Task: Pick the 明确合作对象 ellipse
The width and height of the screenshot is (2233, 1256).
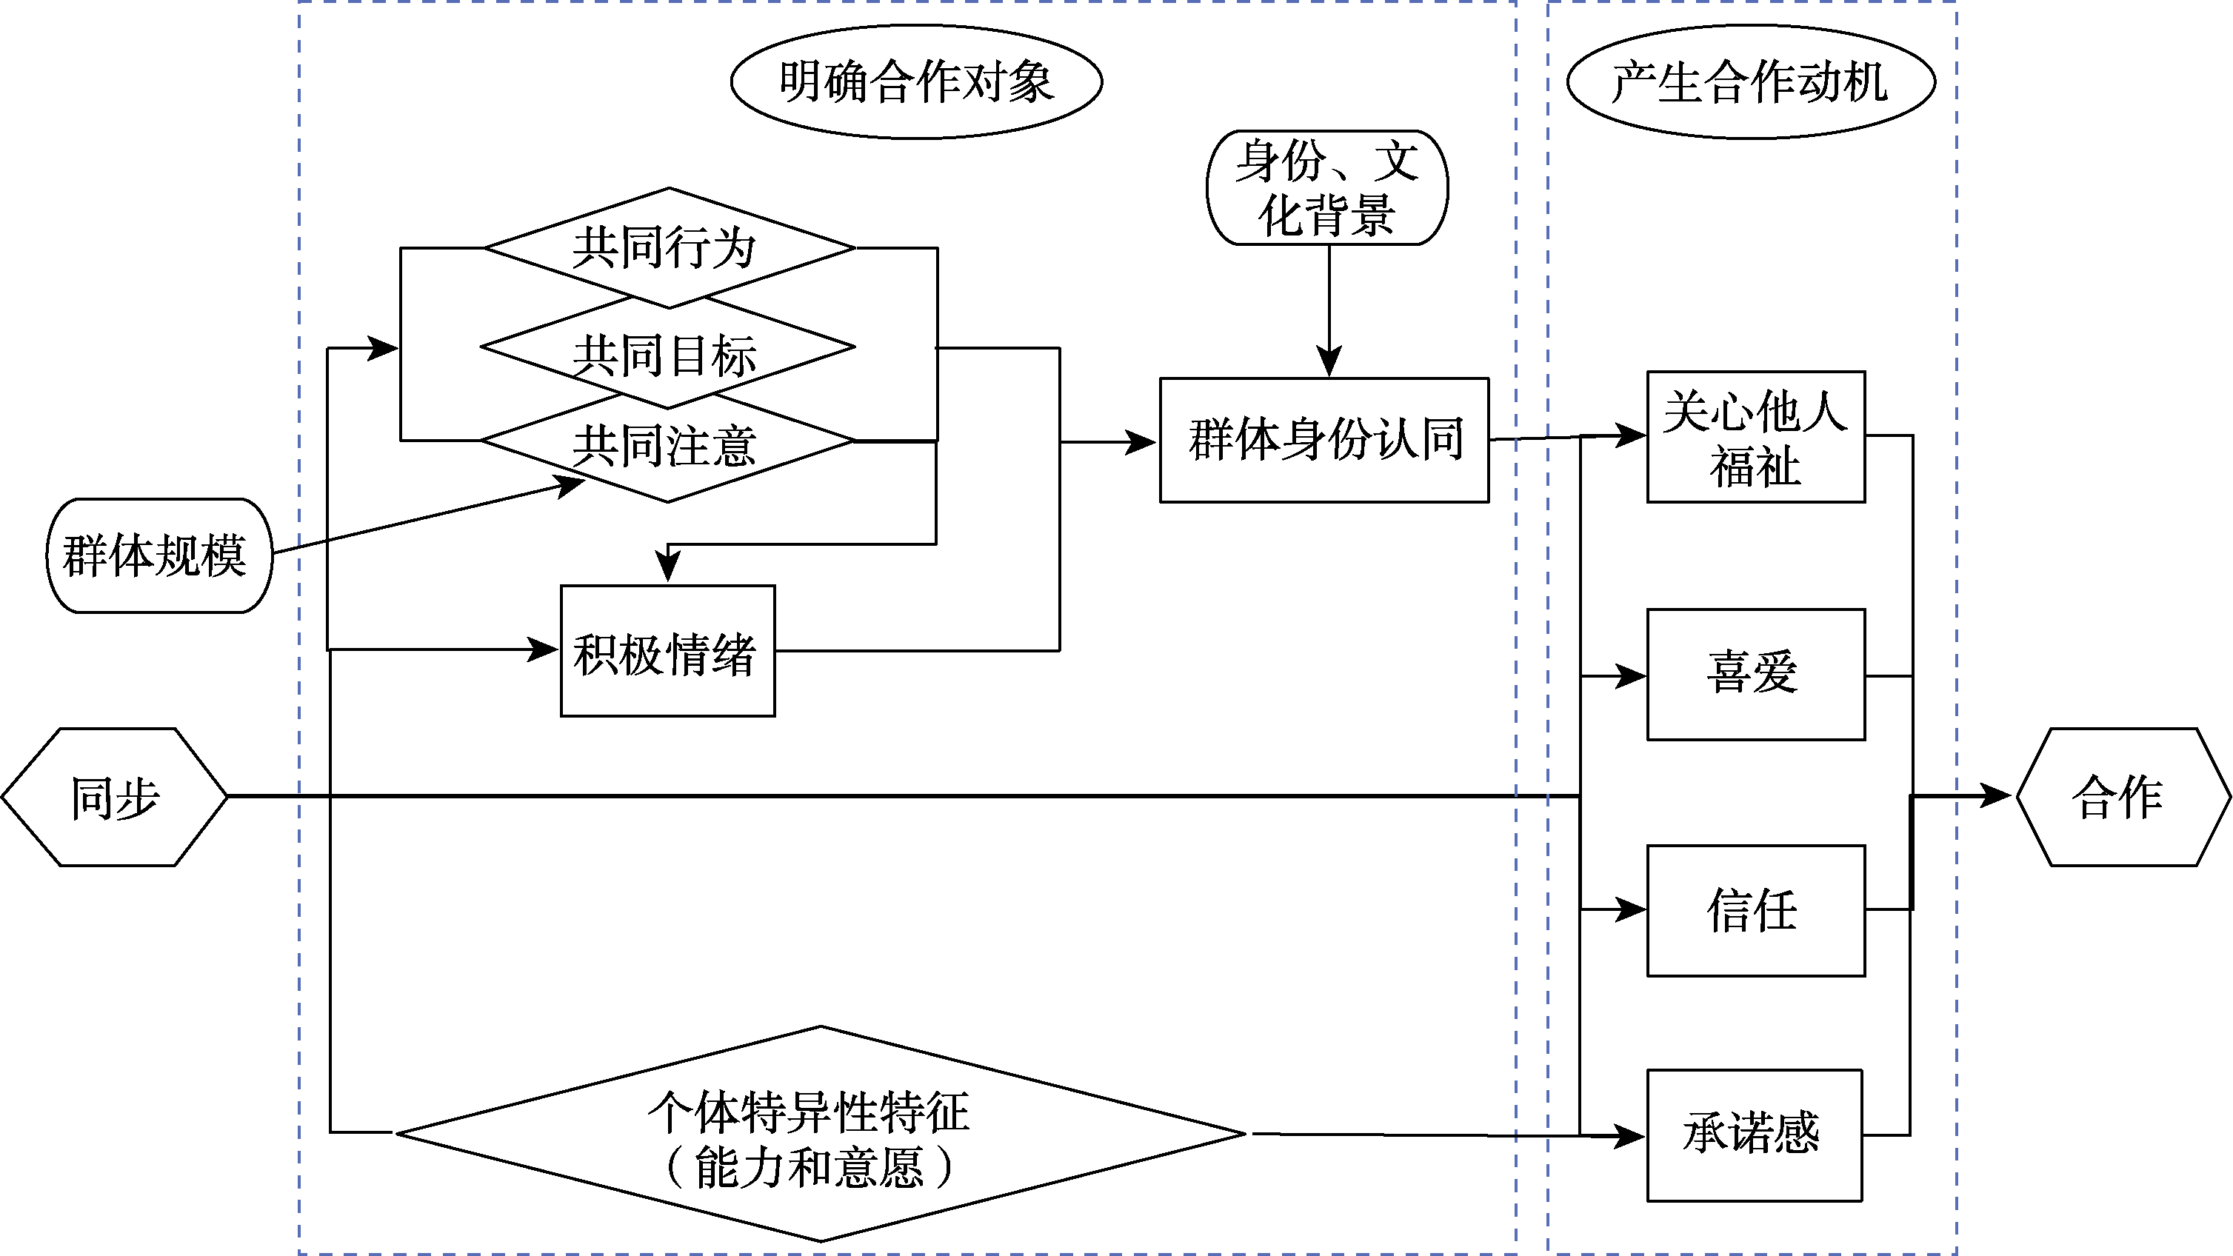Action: click(x=916, y=81)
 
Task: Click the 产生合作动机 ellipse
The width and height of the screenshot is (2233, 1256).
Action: click(x=1750, y=81)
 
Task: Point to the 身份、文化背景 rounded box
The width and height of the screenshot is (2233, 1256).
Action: click(x=1327, y=187)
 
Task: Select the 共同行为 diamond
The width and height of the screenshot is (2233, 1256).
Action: click(x=668, y=247)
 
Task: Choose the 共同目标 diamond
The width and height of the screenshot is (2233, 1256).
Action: click(x=668, y=351)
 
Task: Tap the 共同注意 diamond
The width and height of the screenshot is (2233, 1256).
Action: click(x=668, y=447)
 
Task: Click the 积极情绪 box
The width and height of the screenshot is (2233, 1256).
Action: click(x=667, y=651)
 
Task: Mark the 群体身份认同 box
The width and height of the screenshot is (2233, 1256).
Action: click(x=1324, y=439)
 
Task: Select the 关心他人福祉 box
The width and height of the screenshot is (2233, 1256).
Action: click(x=1755, y=437)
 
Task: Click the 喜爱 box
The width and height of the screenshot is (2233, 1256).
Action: click(x=1755, y=675)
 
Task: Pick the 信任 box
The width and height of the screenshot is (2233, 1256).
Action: click(x=1755, y=910)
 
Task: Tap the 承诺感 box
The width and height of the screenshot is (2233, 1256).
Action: click(x=1754, y=1135)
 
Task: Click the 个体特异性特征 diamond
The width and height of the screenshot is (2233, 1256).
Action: click(x=820, y=1134)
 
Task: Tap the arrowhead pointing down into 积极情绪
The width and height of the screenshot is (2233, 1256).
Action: click(x=667, y=568)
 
